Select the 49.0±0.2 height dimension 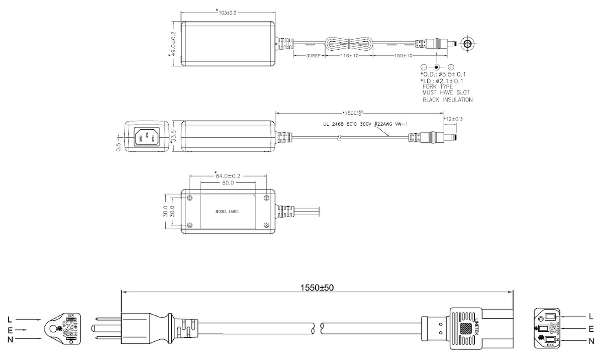pyautogui.click(x=172, y=43)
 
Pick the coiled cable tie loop pyautogui.click(x=349, y=44)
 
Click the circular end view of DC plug pyautogui.click(x=468, y=44)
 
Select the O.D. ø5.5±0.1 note pyautogui.click(x=447, y=74)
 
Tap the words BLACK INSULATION pyautogui.click(x=447, y=100)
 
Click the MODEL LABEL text pyautogui.click(x=227, y=212)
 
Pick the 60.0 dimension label pyautogui.click(x=228, y=183)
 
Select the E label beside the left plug pyautogui.click(x=10, y=330)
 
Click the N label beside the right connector pyautogui.click(x=591, y=341)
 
